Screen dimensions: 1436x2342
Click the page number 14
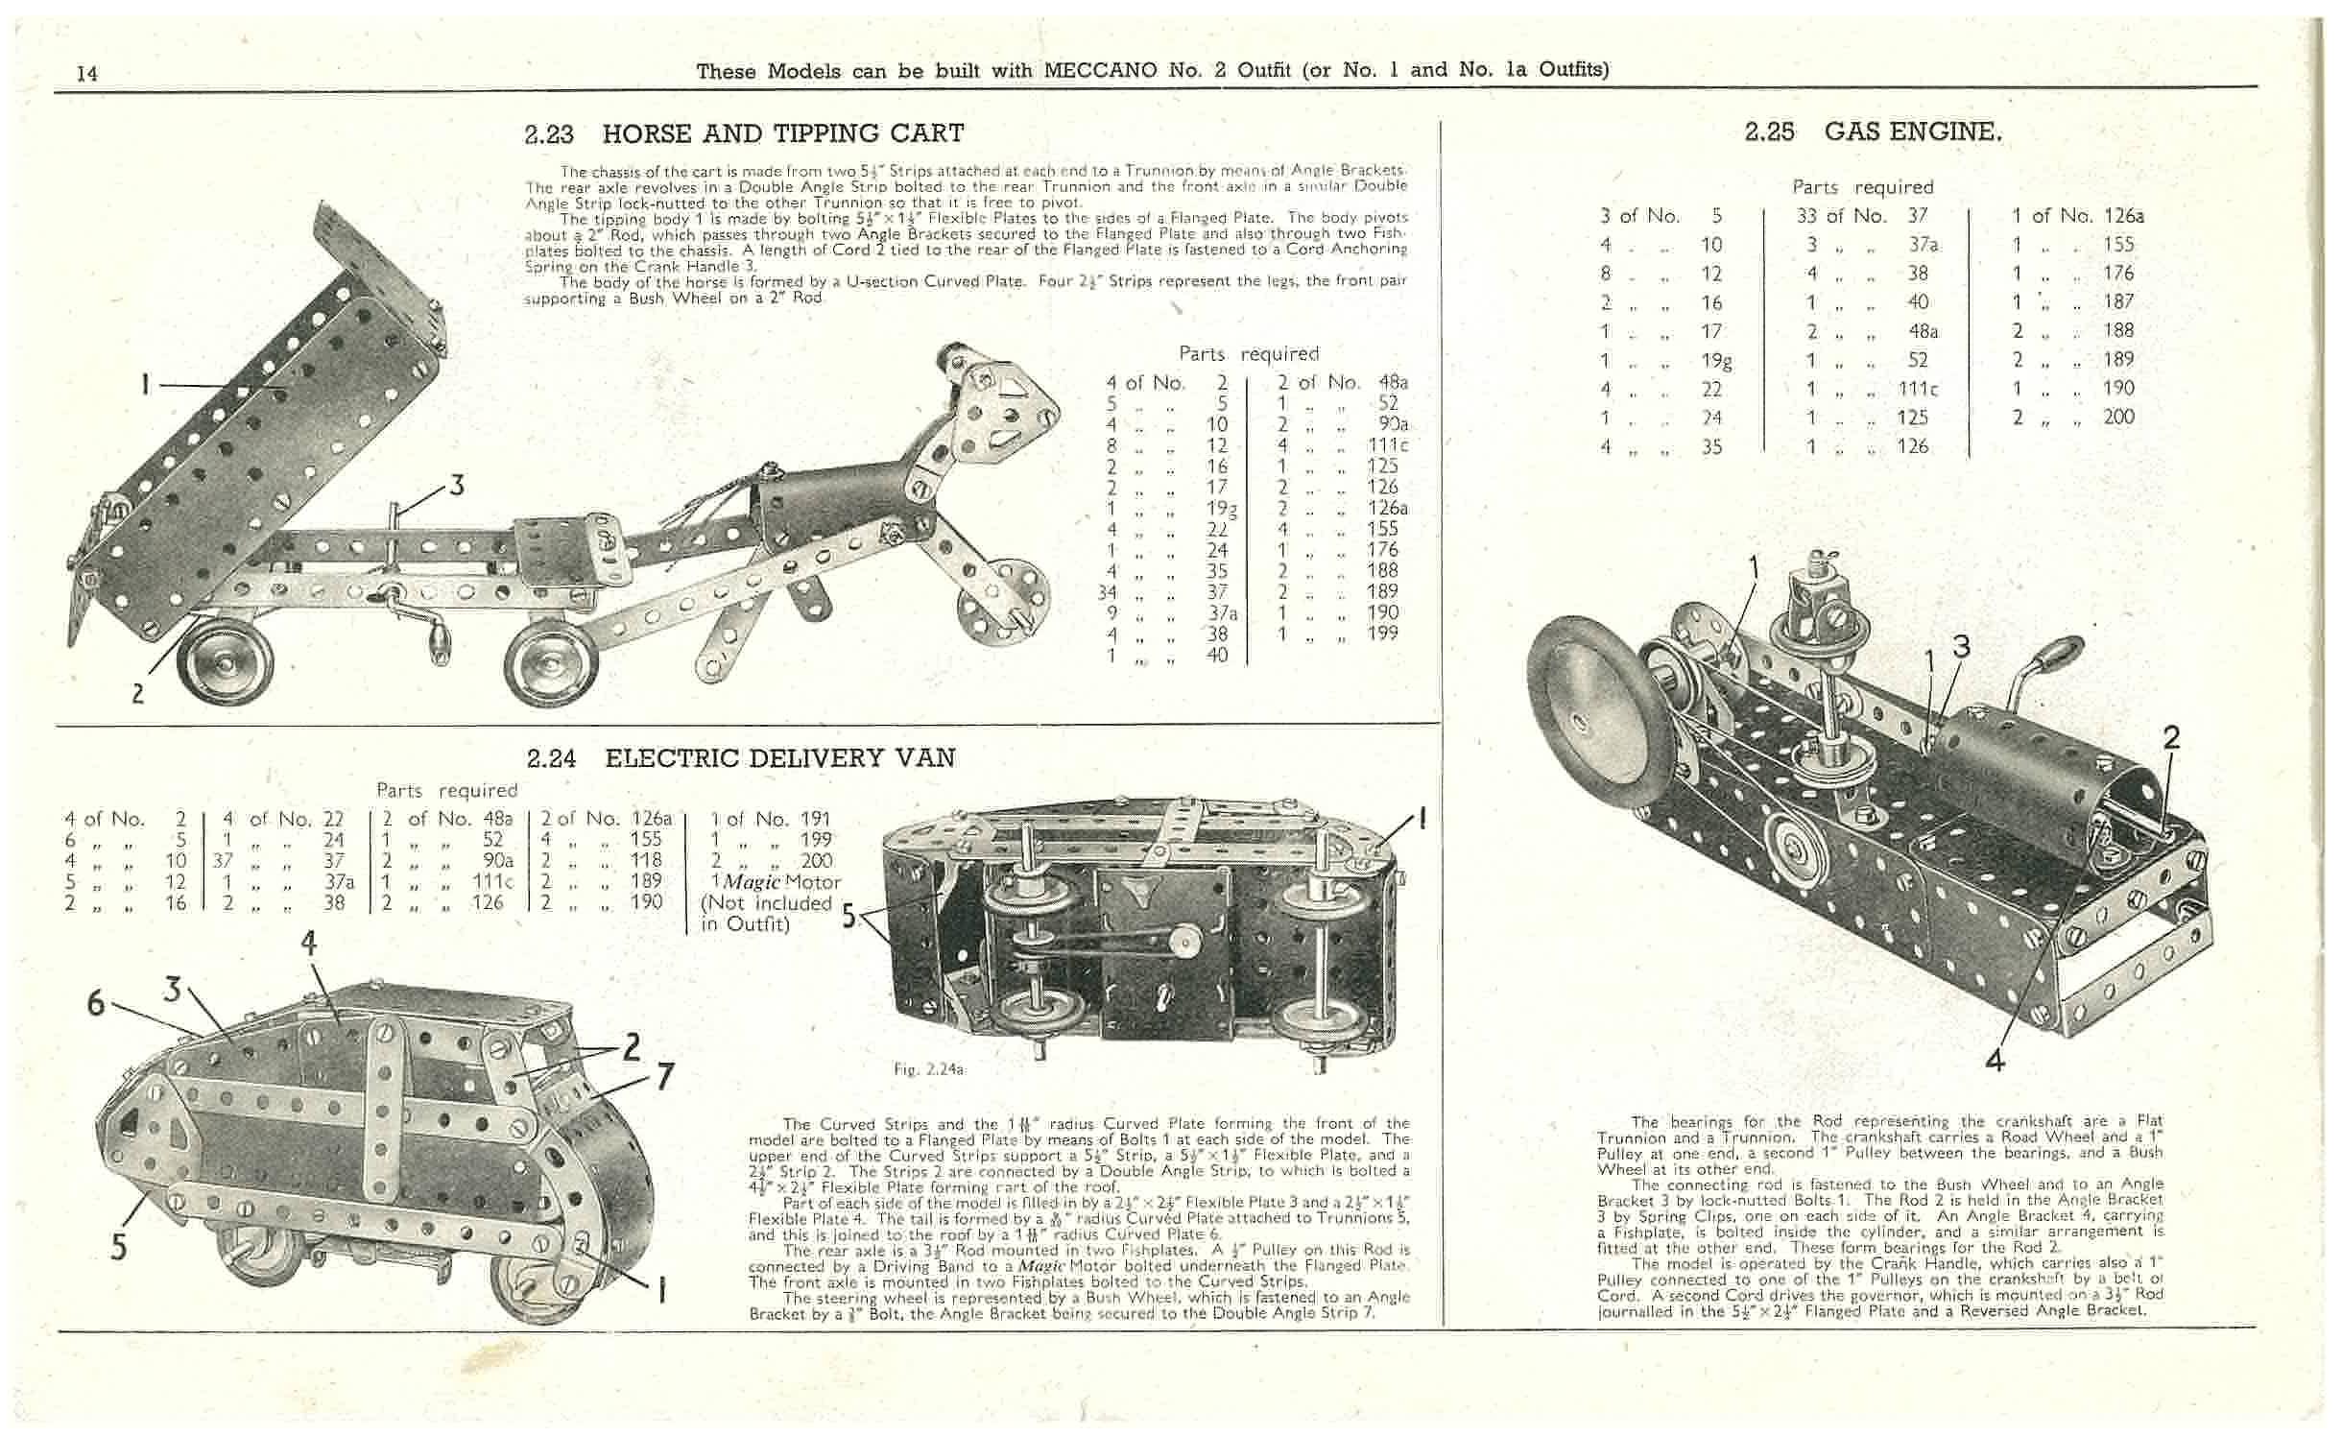[x=86, y=73]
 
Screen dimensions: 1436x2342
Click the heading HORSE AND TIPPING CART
[x=782, y=132]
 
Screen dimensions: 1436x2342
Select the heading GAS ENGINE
[x=1913, y=132]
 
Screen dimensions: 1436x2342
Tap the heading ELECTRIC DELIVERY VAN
[x=779, y=757]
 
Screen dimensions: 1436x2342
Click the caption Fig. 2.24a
[x=927, y=1068]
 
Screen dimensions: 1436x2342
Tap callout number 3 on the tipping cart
[x=458, y=486]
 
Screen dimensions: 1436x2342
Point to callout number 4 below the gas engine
[x=1994, y=1060]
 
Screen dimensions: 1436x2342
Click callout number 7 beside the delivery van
[x=664, y=1077]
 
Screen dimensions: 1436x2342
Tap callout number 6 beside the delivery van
[x=96, y=1003]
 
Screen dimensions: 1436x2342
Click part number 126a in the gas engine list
[x=2122, y=215]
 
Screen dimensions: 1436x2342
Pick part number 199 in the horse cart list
[x=1383, y=633]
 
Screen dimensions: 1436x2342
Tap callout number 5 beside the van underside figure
[x=848, y=916]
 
